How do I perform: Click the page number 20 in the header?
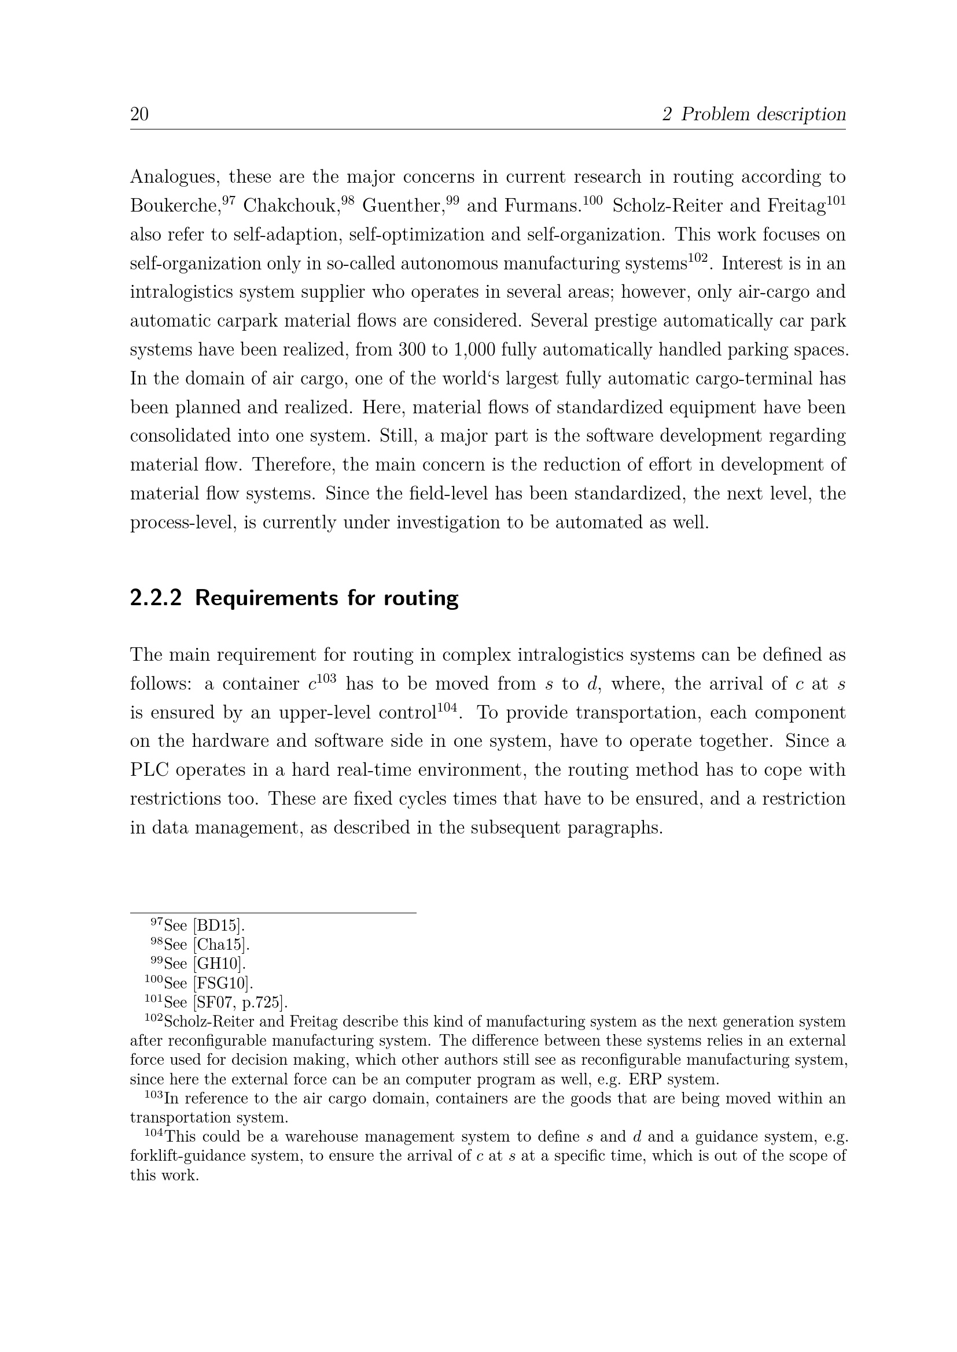(139, 114)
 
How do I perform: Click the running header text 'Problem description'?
(763, 114)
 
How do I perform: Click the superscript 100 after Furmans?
(593, 200)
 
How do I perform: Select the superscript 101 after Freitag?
(836, 200)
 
